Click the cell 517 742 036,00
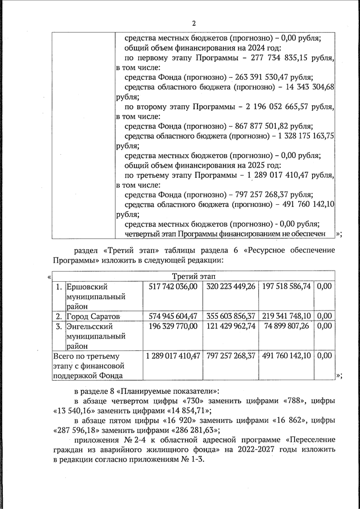click(173, 286)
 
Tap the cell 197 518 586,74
click(286, 286)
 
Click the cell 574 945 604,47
click(173, 316)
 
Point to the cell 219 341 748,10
click(286, 316)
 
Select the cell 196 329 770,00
click(173, 326)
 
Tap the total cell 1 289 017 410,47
click(173, 356)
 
